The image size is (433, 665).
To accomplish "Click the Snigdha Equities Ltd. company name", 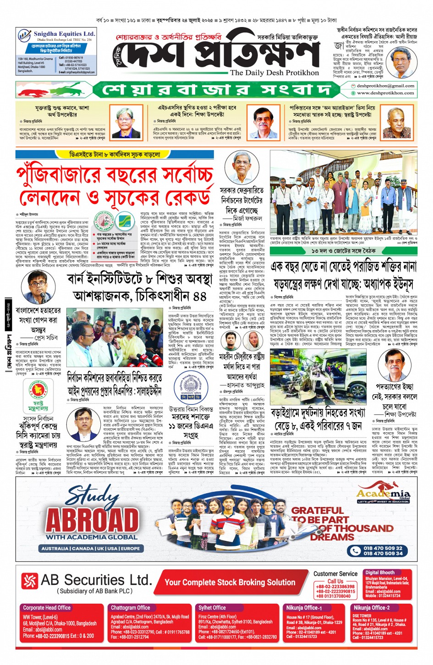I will [x=64, y=34].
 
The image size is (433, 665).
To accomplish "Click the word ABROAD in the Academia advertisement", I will [x=92, y=520].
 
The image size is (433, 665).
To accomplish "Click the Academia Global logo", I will [x=384, y=494].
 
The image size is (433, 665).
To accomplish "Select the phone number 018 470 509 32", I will [x=383, y=548].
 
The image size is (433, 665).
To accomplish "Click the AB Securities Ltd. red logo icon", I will [x=29, y=581].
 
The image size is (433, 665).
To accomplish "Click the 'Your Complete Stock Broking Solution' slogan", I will [x=230, y=582].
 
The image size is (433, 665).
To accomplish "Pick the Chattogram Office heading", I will [x=130, y=608].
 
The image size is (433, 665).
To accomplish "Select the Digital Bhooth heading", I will [x=379, y=572].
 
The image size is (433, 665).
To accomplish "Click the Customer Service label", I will [x=335, y=573].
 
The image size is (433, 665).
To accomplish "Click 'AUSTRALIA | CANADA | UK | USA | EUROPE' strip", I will [x=90, y=548].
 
